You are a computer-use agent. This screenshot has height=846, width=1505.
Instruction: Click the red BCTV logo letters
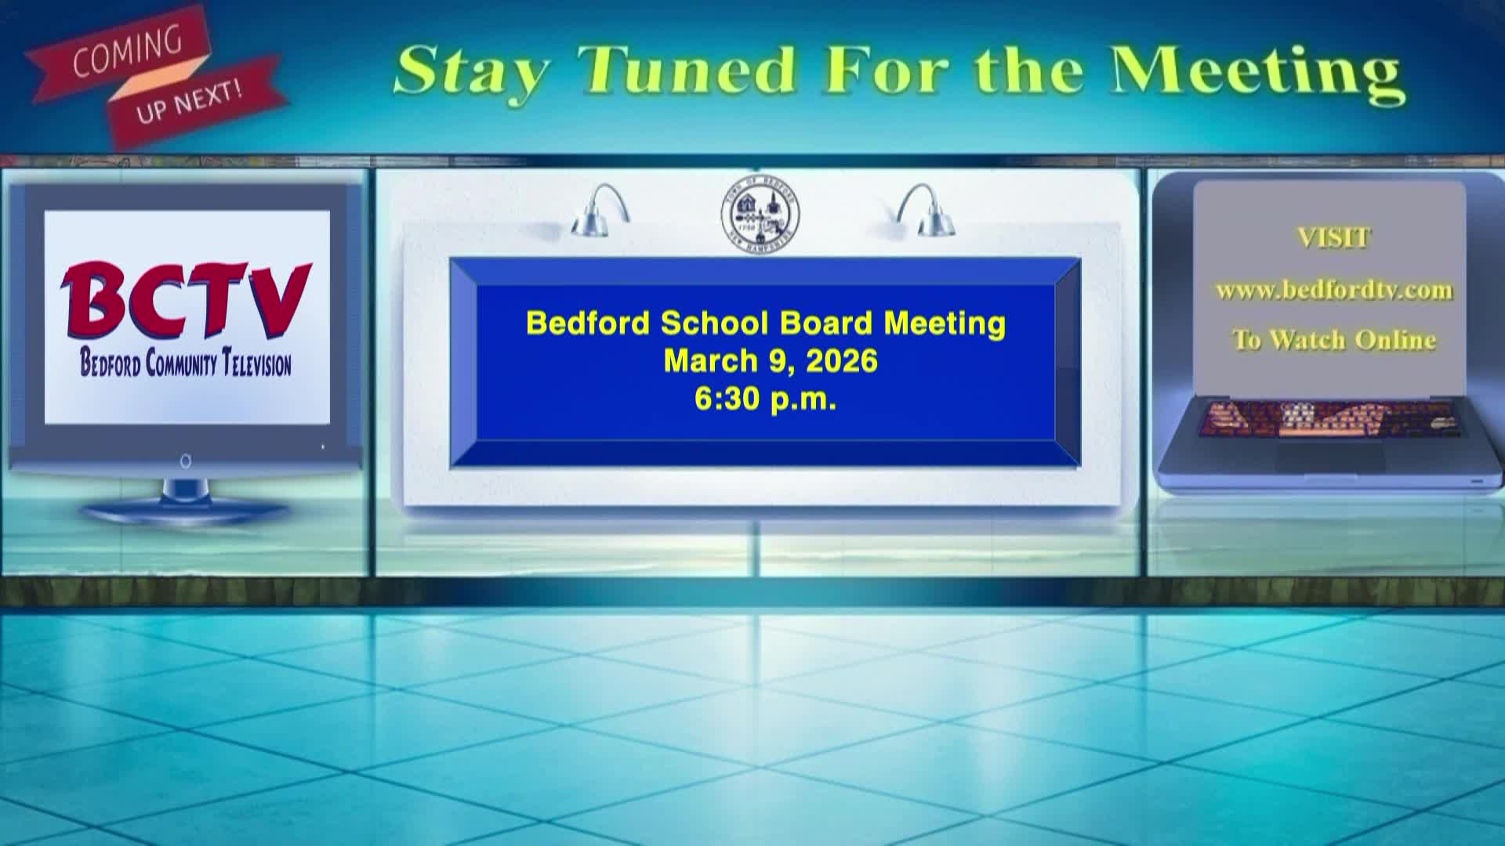186,302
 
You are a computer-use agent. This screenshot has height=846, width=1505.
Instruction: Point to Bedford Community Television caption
186,364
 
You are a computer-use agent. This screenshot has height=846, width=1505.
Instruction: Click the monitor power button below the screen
186,461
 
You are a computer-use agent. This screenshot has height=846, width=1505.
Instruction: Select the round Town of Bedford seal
760,215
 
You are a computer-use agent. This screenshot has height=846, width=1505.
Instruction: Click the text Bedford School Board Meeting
766,323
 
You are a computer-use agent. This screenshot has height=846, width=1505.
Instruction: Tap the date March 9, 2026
771,361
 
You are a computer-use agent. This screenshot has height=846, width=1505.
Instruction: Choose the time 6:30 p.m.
766,399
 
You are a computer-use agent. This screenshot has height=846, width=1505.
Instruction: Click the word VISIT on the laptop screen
1333,237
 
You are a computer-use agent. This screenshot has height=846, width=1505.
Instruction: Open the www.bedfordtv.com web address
1333,291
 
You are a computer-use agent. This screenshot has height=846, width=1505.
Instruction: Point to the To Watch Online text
1333,340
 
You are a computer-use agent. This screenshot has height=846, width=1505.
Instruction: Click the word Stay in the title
470,71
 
